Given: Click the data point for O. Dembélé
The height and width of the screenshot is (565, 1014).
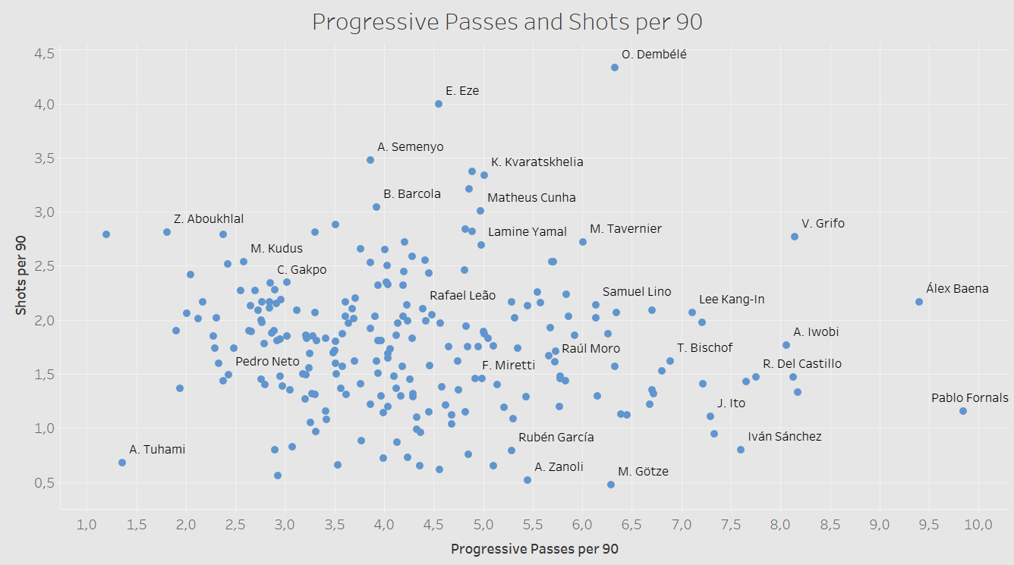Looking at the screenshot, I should click(x=615, y=67).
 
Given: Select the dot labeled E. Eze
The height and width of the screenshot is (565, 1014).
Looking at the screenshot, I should click(x=439, y=104).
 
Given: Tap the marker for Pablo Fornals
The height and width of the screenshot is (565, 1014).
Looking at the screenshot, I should click(x=963, y=411).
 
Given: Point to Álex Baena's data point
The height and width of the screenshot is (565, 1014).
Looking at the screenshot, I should click(x=919, y=302).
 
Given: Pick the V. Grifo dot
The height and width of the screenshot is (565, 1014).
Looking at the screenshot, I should click(x=795, y=237).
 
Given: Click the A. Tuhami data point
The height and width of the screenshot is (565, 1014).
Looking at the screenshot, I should click(x=122, y=463).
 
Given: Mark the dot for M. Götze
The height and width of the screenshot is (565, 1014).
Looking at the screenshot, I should click(x=611, y=485).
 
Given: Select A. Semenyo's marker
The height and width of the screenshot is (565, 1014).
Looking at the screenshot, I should click(x=370, y=160).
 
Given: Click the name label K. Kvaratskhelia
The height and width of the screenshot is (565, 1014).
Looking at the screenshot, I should click(x=537, y=162).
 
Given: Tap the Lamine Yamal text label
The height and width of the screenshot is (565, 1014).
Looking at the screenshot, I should click(x=527, y=231).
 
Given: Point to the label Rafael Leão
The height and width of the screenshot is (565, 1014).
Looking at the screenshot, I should click(x=462, y=296).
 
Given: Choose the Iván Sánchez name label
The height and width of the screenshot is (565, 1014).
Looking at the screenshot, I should click(x=785, y=437).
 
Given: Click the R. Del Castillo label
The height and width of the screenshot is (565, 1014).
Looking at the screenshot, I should click(x=802, y=364).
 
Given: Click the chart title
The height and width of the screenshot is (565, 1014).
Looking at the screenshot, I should click(x=507, y=23).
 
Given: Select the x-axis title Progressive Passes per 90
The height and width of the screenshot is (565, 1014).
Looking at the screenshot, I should click(x=534, y=549).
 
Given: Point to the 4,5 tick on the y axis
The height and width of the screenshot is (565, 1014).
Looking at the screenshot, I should click(x=44, y=53).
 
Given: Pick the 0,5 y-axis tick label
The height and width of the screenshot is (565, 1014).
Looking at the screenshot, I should click(x=44, y=482).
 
